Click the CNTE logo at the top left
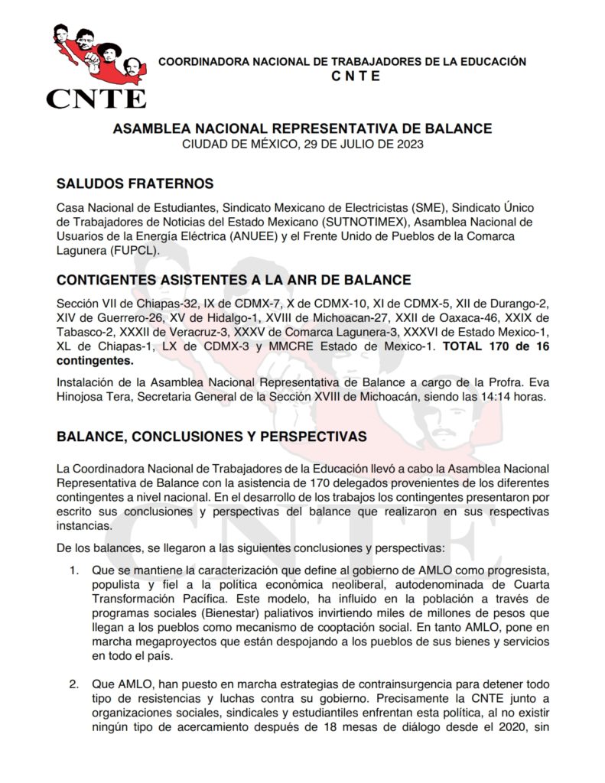coord(96,67)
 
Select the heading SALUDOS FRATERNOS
coord(135,184)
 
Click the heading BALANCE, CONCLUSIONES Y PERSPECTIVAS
coord(212,437)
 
